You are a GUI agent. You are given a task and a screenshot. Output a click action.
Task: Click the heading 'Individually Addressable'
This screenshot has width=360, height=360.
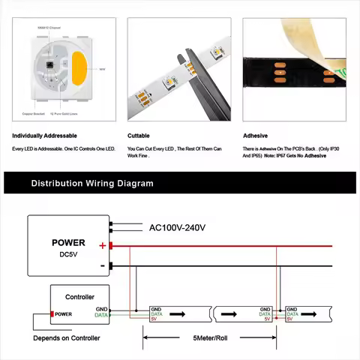pos(44,136)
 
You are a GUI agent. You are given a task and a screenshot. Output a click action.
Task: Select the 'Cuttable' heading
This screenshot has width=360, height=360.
pos(139,136)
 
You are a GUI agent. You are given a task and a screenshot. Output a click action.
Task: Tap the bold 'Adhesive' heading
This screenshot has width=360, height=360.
pos(255,136)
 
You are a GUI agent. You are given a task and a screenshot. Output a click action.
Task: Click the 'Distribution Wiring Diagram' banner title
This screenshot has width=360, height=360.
pos(92,183)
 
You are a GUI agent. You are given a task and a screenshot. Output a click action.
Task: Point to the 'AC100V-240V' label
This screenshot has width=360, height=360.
pos(177,227)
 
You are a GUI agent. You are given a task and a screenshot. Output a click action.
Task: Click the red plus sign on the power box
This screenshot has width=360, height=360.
pos(103,245)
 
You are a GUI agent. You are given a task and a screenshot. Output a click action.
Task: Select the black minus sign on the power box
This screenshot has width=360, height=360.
pos(103,265)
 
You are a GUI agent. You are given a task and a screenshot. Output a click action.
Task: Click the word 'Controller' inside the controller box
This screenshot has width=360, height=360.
pos(79,297)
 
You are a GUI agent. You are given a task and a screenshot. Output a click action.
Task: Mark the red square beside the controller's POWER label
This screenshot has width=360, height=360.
pos(52,313)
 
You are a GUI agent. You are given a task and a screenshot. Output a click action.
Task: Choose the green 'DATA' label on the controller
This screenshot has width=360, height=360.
pos(101,315)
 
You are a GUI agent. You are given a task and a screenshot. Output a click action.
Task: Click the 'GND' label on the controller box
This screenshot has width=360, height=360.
pos(102,308)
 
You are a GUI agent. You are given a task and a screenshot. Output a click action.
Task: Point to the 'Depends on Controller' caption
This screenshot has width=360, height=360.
pos(67,338)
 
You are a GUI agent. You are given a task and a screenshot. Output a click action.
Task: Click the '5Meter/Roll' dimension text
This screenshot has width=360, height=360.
pos(214,338)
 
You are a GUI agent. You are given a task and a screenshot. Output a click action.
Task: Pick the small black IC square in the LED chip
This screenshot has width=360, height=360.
pos(50,64)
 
